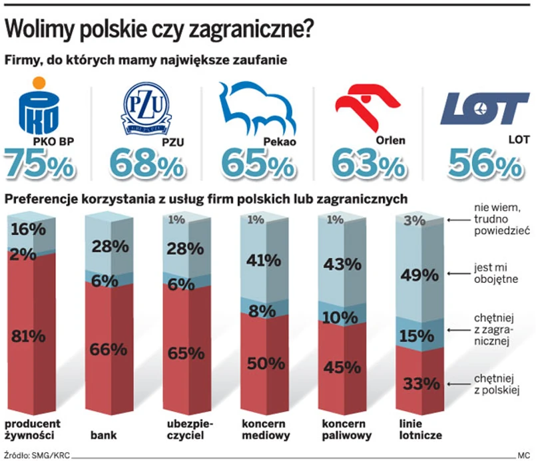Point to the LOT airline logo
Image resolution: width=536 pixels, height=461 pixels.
(x=484, y=109)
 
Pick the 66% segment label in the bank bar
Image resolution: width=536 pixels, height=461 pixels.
(x=109, y=349)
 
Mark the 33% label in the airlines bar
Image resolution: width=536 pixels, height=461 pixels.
(x=421, y=383)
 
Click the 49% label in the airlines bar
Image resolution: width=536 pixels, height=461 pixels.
(x=421, y=274)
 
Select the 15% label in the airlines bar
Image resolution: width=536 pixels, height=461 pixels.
(x=421, y=336)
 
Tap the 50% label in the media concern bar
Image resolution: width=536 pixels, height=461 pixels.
(x=267, y=363)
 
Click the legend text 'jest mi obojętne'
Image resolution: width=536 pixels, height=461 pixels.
(x=492, y=273)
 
